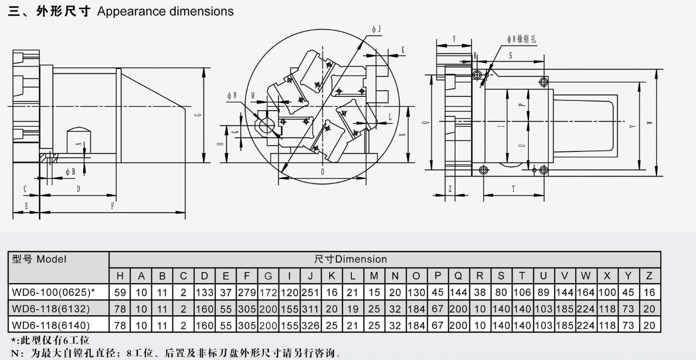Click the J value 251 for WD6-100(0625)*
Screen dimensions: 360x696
click(x=311, y=292)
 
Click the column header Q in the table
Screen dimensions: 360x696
click(x=458, y=276)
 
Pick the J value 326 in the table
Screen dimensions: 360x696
click(x=311, y=325)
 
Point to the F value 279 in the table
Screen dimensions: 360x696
click(x=247, y=292)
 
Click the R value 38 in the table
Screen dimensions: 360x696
click(x=480, y=292)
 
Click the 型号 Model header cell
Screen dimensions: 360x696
click(x=39, y=259)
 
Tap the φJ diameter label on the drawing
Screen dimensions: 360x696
click(x=376, y=30)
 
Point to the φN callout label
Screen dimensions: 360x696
click(x=232, y=95)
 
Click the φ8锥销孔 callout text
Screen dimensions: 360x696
click(x=521, y=39)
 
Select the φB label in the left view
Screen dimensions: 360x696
click(x=70, y=172)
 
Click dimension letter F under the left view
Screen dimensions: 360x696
click(x=113, y=207)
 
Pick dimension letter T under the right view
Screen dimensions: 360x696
click(x=513, y=189)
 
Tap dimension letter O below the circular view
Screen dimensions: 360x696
click(x=322, y=172)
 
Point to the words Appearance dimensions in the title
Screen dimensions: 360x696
click(x=165, y=11)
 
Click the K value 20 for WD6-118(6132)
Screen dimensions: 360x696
click(x=332, y=308)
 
